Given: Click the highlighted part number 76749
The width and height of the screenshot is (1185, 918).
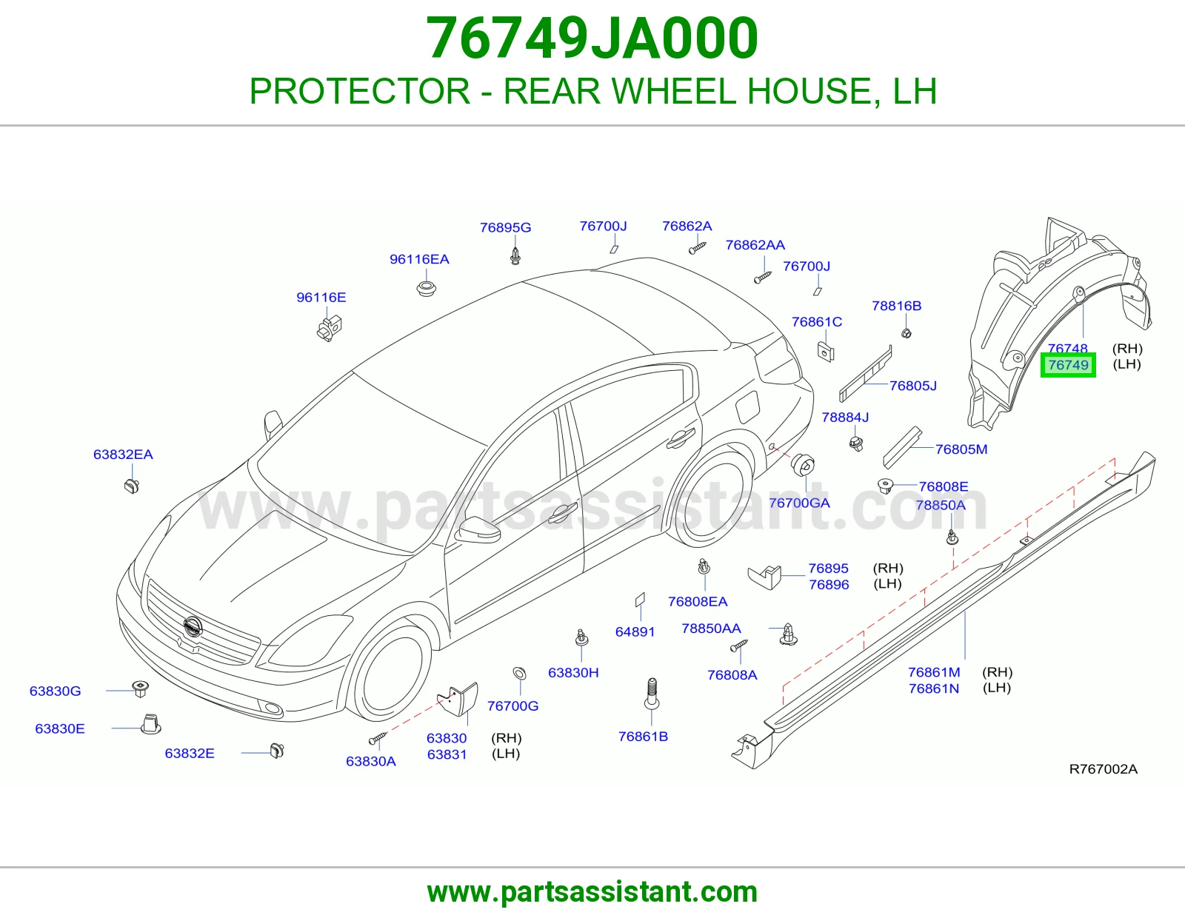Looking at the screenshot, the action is (x=1068, y=365).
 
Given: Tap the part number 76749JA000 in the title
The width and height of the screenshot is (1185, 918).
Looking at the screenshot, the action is (x=592, y=38).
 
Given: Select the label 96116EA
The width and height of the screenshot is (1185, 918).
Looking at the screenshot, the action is (x=418, y=259).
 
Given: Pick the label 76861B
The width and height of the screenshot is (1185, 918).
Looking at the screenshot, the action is (x=643, y=737).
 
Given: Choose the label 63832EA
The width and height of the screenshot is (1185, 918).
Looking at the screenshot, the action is (x=123, y=454).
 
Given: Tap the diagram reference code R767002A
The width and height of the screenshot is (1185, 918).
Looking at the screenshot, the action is (x=1103, y=769).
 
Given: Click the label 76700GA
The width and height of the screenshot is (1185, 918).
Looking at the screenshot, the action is (x=799, y=503).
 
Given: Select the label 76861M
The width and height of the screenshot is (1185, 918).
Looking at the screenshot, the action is (x=934, y=672).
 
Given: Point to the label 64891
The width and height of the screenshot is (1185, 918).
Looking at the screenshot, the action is (x=635, y=631).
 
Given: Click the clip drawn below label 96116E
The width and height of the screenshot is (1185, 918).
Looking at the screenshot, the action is (x=329, y=328).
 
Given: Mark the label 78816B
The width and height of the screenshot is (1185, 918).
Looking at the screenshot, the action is (x=896, y=306).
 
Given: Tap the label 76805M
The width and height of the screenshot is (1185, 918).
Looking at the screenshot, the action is (x=961, y=449).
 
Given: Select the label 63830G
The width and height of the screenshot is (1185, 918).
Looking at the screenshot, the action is (x=55, y=691).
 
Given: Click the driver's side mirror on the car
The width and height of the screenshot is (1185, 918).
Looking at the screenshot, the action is (x=478, y=529).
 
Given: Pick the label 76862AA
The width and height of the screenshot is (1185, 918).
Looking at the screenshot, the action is (x=755, y=245).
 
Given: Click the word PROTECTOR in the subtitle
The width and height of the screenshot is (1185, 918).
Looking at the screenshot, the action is (x=359, y=91).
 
